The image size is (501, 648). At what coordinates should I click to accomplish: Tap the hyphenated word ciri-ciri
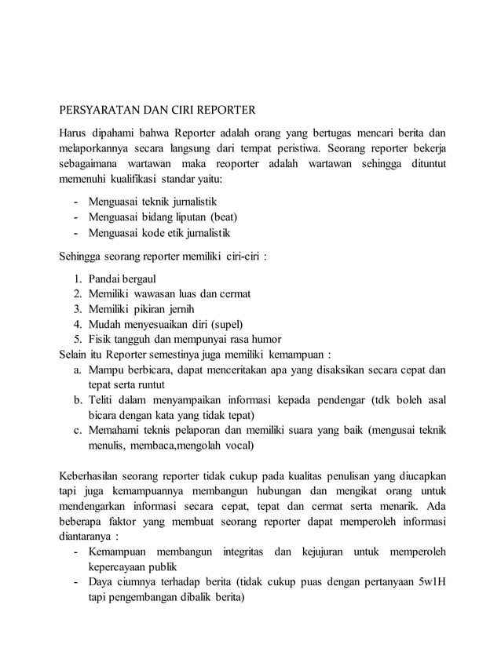pos(242,257)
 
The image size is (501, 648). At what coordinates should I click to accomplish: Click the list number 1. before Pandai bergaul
pos(79,278)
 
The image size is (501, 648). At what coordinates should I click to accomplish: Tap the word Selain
pos(76,354)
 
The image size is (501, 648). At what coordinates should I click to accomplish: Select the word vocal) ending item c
pos(236,445)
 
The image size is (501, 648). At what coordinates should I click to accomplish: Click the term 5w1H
pos(430,583)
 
